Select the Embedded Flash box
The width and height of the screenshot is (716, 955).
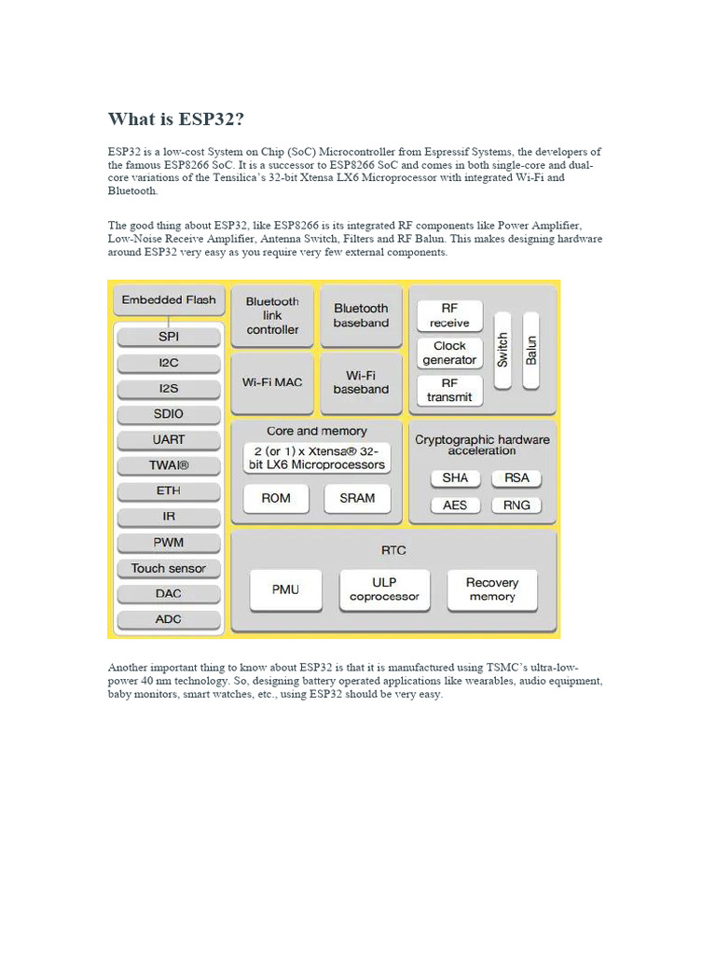[169, 300]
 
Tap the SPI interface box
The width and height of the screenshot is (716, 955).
[169, 337]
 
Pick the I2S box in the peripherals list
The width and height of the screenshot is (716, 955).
[169, 388]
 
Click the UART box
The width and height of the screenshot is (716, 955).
[169, 439]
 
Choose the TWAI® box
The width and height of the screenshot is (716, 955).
[169, 465]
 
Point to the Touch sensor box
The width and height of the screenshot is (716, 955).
[169, 568]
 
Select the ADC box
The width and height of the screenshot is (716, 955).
[169, 619]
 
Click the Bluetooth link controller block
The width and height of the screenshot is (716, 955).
[272, 315]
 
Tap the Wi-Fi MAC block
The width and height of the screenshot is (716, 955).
[272, 382]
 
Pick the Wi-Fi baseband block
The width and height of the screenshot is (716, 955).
[361, 382]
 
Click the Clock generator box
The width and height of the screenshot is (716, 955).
[449, 353]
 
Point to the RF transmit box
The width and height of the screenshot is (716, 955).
[449, 390]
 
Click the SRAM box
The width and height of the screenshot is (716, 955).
[357, 498]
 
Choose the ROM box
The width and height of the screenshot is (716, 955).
[276, 498]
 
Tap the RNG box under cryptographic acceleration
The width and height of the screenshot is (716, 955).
[516, 505]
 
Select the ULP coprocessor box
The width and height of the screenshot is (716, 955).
[384, 589]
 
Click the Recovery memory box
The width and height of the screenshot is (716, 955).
[492, 589]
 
